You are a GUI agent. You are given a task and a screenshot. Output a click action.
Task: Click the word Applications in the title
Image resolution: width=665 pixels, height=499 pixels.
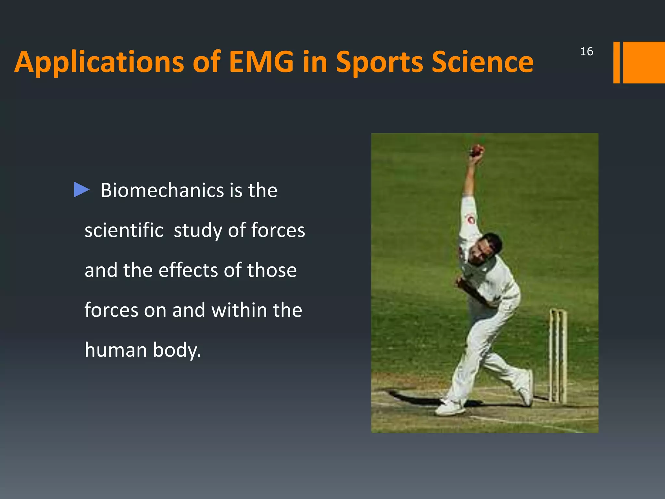(x=99, y=62)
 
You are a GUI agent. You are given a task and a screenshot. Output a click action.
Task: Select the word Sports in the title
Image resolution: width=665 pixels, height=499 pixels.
(x=379, y=62)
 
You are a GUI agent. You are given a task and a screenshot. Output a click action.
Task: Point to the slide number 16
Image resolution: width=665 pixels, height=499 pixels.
(x=586, y=51)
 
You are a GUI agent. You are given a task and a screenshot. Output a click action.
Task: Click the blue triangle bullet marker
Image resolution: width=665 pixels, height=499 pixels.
(x=81, y=190)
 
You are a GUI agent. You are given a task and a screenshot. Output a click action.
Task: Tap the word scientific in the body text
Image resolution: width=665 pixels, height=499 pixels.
(x=124, y=230)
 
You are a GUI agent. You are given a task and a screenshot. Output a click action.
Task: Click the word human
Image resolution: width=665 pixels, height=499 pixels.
(x=116, y=350)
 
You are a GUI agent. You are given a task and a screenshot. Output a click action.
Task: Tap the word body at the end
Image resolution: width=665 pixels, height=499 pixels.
(x=176, y=351)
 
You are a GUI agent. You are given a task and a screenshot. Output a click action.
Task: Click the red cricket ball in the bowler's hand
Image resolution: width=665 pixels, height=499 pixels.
(x=477, y=150)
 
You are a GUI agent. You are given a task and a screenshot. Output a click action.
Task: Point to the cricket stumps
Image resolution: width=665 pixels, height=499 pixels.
(x=558, y=356)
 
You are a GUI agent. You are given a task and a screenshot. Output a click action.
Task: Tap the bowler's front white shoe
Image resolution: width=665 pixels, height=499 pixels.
(x=450, y=407)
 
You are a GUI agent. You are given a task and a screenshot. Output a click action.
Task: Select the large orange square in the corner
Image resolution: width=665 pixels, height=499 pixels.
(x=644, y=62)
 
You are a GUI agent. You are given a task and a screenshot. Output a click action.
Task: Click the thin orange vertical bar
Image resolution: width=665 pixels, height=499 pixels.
(x=616, y=62)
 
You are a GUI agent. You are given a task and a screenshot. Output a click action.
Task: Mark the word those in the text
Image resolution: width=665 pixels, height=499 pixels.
(x=272, y=270)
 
